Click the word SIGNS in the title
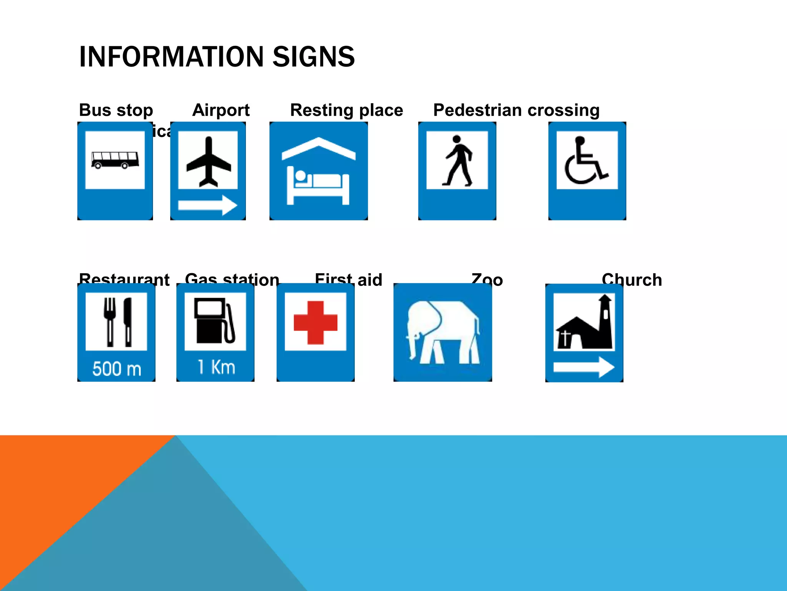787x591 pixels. [313, 57]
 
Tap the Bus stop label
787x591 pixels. [116, 110]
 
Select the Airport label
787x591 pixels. [221, 110]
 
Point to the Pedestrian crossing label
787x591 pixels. [516, 110]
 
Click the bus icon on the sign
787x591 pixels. [115, 160]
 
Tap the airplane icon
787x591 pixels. [208, 162]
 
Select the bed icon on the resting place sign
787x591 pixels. [318, 185]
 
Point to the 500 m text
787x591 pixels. [117, 369]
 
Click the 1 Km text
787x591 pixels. [216, 367]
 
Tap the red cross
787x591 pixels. [315, 322]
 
